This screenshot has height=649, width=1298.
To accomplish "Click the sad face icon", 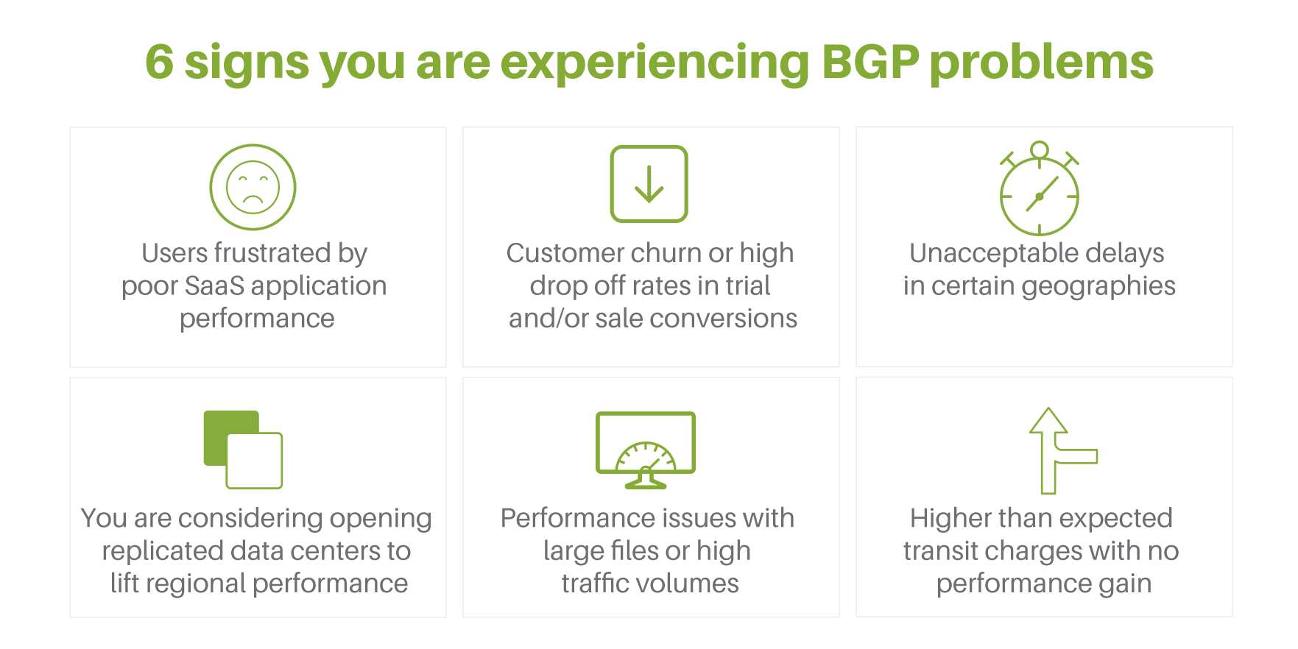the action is [x=253, y=187].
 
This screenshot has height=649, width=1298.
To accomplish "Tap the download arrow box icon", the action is [x=649, y=184].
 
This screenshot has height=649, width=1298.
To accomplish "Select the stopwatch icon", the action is [x=1039, y=188].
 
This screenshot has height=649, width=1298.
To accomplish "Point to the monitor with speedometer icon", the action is [x=646, y=450].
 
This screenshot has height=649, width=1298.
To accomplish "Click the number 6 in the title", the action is [x=159, y=62].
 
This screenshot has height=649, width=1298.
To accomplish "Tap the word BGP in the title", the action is [x=870, y=62].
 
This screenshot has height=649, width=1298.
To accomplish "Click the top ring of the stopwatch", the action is [x=1039, y=149].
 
